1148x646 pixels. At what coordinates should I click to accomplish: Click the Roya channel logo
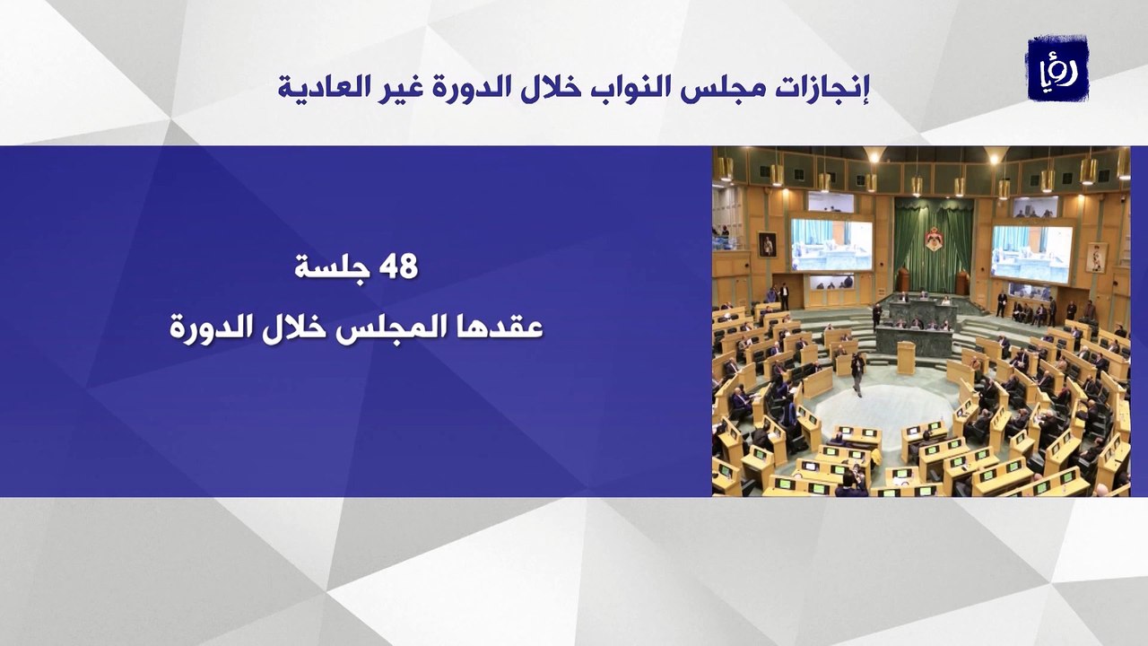pos(1057,68)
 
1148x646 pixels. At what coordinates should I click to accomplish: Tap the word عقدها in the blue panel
pos(506,327)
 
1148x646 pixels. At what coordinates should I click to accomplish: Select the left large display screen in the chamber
pos(831,244)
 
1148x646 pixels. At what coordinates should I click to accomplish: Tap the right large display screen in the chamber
pos(1031,253)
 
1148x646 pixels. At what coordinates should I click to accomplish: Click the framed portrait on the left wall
pos(767,244)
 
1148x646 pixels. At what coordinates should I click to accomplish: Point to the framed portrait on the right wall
pos(1096,258)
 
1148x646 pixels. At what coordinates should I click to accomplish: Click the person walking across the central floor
pos(857,373)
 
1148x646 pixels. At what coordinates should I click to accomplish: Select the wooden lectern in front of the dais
pos(906,356)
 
